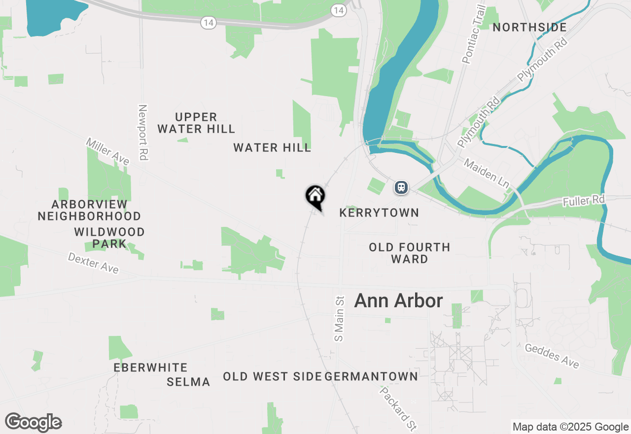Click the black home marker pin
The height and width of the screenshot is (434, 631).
[x=315, y=196]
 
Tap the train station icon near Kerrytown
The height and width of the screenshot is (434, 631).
[x=401, y=187]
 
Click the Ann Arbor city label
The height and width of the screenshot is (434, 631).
[x=398, y=300]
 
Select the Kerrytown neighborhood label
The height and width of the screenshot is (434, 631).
[x=379, y=213]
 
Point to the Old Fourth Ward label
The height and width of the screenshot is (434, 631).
[x=409, y=253]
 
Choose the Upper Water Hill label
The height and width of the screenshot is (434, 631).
[x=196, y=123]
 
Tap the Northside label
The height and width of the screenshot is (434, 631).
[x=529, y=27]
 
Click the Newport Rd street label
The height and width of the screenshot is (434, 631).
[x=143, y=132]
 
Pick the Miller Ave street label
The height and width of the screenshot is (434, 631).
[x=107, y=151]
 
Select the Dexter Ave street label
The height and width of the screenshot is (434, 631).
[x=93, y=263]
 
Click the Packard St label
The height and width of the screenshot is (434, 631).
[x=398, y=408]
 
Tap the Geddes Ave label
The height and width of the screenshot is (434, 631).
[x=552, y=356]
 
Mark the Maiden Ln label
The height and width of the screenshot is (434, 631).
[x=487, y=173]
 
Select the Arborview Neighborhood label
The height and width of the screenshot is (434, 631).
[x=89, y=210]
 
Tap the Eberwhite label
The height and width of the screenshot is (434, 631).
[x=150, y=367]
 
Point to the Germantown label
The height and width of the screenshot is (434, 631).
[x=372, y=376]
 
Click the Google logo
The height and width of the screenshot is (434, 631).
[x=33, y=422]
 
